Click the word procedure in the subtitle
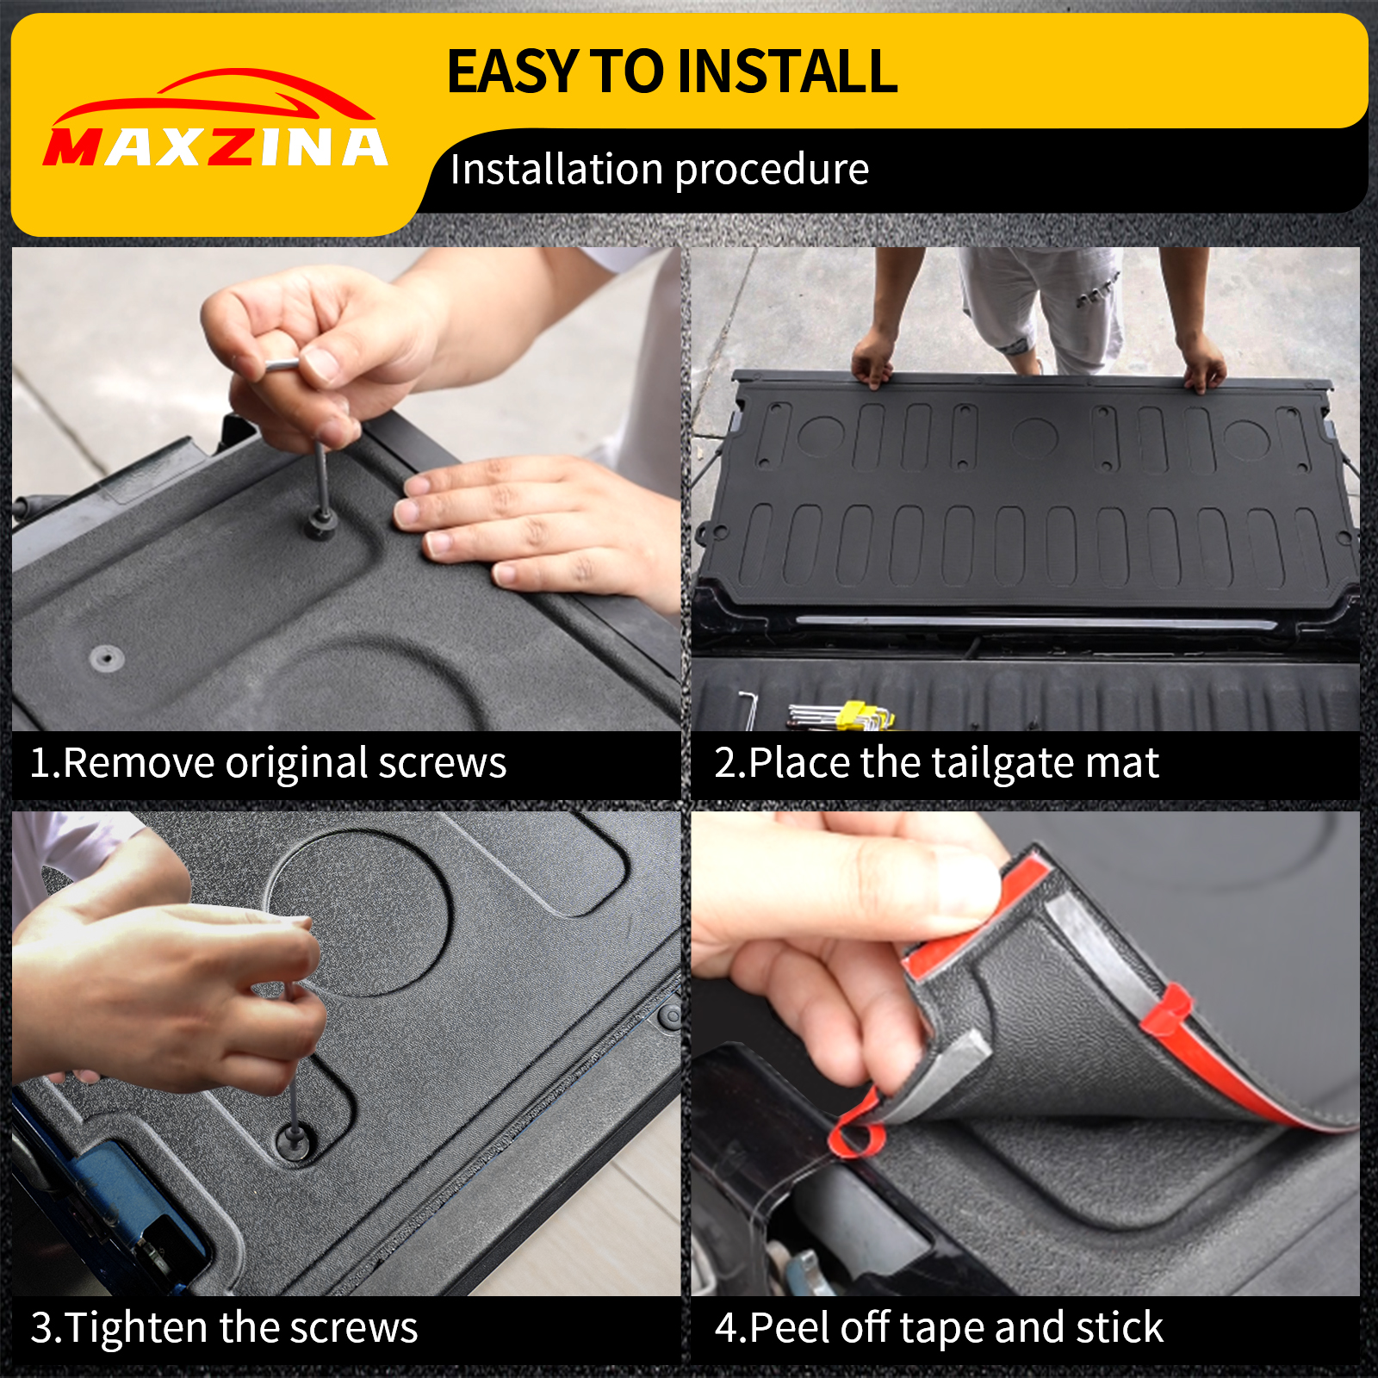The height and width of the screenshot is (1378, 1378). point(772,170)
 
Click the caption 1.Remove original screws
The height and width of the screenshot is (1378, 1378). point(268,763)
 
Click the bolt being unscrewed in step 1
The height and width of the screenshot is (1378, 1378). point(321,522)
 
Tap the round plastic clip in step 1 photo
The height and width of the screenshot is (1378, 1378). point(107,659)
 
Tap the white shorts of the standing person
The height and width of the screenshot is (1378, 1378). point(1042,301)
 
